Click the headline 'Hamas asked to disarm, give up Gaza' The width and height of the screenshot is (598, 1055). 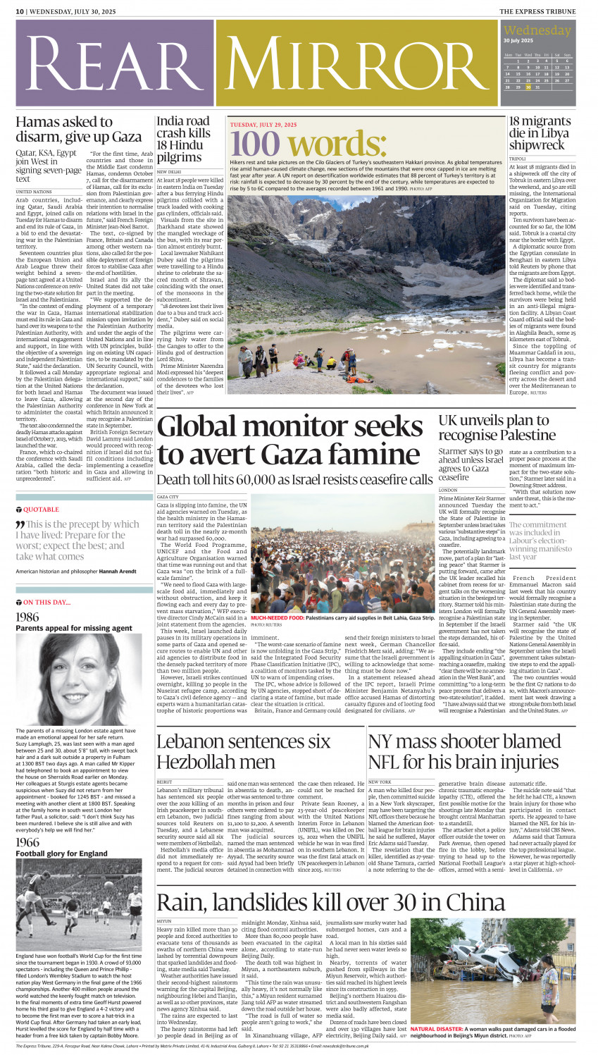coord(79,128)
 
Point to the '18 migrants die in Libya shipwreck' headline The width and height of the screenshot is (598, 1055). coord(540,133)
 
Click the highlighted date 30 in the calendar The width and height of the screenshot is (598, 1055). coord(528,87)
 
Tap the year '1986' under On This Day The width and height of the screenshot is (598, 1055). coord(27,617)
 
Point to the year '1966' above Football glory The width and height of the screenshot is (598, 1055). coord(27,842)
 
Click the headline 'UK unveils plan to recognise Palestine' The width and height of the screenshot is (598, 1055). coord(497,427)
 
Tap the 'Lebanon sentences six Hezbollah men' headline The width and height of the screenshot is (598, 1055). coord(243,751)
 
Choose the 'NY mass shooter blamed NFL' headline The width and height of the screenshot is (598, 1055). coord(464,751)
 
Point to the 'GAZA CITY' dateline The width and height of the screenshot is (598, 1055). coord(168,497)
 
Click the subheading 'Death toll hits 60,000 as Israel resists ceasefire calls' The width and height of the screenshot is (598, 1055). coord(294,479)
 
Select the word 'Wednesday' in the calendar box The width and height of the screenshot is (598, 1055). coord(537,30)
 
